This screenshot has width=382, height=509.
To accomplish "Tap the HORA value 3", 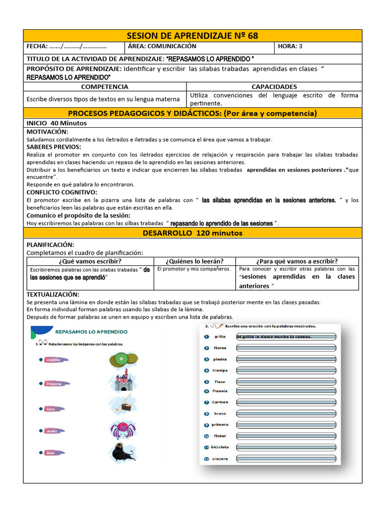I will [x=300, y=46].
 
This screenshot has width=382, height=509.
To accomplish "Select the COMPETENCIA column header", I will [x=105, y=86].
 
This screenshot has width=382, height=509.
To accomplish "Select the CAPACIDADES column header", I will [x=274, y=86].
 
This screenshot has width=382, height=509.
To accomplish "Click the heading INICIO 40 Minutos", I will [x=56, y=123].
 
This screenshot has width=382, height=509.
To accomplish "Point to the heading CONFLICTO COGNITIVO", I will [x=62, y=192].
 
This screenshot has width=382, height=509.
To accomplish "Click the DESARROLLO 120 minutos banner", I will [x=192, y=233].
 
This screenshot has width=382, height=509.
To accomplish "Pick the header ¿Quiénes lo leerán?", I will [x=194, y=261].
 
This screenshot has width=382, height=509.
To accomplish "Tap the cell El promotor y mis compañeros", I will [x=193, y=269].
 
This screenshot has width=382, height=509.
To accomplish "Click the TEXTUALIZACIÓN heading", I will [x=53, y=294].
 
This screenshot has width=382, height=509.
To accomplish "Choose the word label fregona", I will [x=54, y=383].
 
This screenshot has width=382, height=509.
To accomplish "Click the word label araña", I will [x=52, y=431].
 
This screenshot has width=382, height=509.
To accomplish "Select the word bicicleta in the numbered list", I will [x=220, y=447].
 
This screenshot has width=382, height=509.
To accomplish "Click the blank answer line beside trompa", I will [x=286, y=370].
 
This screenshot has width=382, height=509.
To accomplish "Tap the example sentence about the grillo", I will [x=274, y=337].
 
